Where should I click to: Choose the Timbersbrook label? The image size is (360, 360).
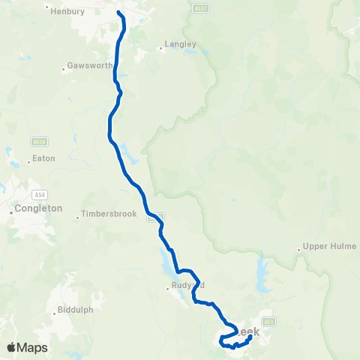point(109,214)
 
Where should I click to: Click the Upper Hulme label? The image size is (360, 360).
point(330,246)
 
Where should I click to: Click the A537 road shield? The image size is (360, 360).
point(199,8)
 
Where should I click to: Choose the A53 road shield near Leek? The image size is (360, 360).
point(270,320)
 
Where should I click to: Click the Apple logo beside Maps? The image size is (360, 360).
point(12,347)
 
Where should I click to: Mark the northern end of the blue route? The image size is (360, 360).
point(118,11)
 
